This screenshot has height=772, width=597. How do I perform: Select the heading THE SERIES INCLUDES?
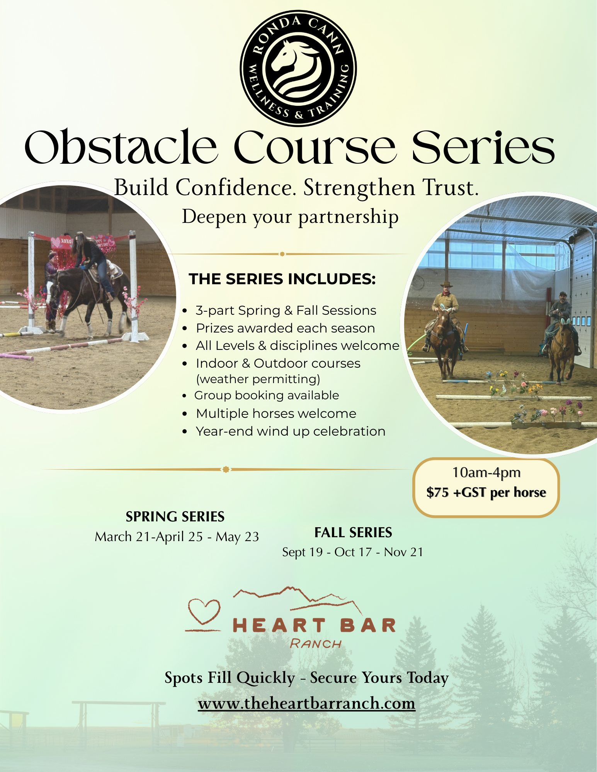(x=282, y=279)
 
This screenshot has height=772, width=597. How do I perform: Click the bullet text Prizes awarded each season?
(x=285, y=328)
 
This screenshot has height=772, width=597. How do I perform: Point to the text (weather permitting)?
(x=258, y=379)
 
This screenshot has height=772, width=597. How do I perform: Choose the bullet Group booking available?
(x=267, y=395)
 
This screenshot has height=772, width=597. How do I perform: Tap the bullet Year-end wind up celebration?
(x=291, y=431)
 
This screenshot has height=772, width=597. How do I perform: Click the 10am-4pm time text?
(x=486, y=472)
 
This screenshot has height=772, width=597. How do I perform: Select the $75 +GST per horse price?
(x=486, y=492)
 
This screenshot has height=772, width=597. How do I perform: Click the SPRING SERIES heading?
(x=175, y=517)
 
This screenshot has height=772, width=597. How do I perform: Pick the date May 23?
(x=237, y=537)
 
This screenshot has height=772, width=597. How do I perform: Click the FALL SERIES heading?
(x=353, y=533)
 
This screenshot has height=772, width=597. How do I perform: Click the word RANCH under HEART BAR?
(x=316, y=644)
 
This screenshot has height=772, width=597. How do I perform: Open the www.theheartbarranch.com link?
(x=306, y=703)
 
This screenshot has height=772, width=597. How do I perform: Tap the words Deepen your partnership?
(x=290, y=217)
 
